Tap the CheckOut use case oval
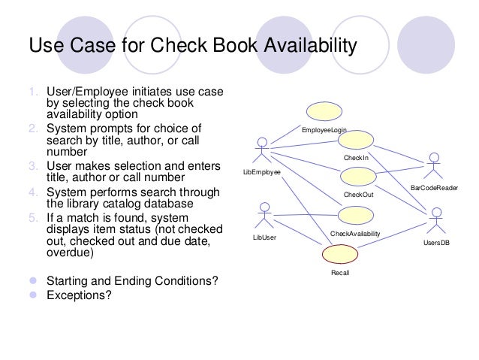coord(357,177)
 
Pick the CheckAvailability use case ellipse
coord(356,216)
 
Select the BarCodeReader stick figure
coord(433,165)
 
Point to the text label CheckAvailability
coord(355,234)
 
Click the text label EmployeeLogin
coord(324,131)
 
